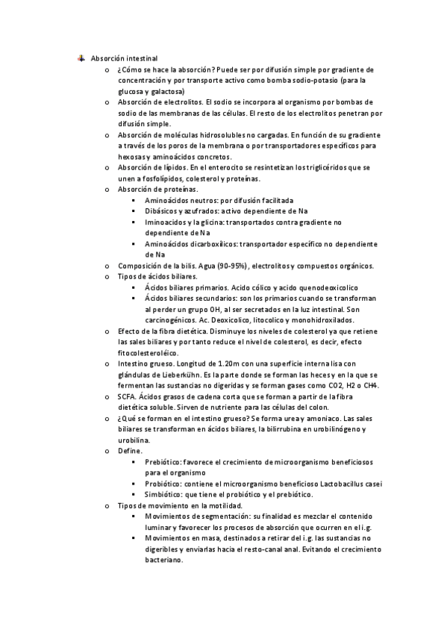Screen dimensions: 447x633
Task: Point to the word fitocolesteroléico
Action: [x=149, y=352]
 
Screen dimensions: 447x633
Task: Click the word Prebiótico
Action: [x=163, y=462]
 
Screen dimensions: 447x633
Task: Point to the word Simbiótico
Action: [x=164, y=494]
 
